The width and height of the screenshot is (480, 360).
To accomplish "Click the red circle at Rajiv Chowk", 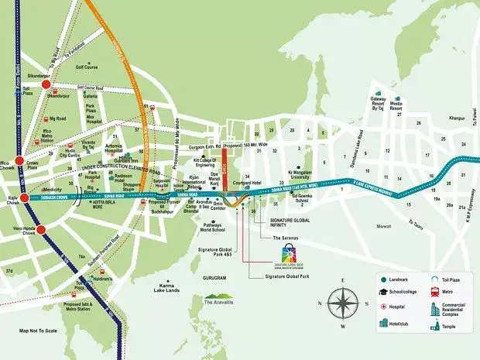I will pos(26,197).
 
